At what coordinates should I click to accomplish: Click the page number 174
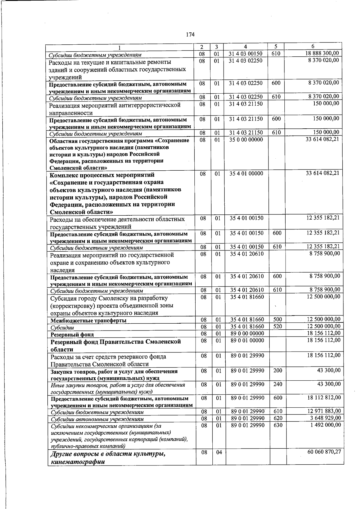click(x=190, y=34)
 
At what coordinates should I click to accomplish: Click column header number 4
click(x=245, y=47)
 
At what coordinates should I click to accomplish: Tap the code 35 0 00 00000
click(x=246, y=140)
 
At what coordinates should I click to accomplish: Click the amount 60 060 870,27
click(x=324, y=452)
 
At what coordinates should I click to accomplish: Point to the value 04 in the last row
click(x=219, y=452)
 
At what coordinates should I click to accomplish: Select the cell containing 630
click(x=278, y=425)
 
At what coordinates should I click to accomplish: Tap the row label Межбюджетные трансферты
click(x=88, y=321)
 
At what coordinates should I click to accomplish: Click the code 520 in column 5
click(x=278, y=327)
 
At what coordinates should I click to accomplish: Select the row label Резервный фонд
click(x=72, y=334)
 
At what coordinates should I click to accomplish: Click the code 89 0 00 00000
click(x=247, y=334)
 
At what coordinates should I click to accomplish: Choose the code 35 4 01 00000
click(x=246, y=174)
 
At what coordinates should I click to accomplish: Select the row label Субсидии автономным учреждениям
click(x=97, y=419)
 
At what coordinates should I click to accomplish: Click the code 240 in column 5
click(x=278, y=384)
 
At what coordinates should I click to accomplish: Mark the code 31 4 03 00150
click(x=245, y=54)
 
